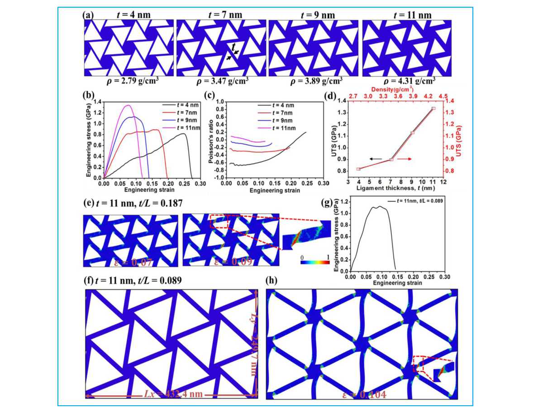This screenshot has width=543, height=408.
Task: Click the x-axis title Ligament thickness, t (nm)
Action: (391, 187)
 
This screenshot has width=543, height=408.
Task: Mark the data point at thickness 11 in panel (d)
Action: (433, 108)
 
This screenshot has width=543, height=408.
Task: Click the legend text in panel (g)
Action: (416, 200)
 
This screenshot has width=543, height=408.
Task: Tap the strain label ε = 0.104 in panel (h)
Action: (364, 394)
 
